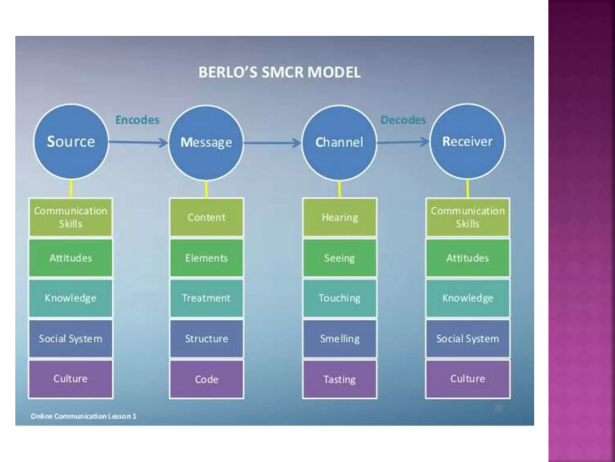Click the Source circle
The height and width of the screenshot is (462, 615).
pos(71,142)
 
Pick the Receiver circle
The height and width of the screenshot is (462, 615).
pos(467,142)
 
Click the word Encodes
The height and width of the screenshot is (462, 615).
pos(137,120)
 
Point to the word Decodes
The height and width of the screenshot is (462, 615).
pos(403,120)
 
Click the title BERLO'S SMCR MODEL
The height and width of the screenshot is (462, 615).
pos(279,72)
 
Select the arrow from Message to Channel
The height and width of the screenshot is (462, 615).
pos(272,143)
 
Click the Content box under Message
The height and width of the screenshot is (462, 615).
pos(206,217)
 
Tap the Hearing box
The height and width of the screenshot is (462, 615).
pos(340,217)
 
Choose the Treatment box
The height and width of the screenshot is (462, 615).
pos(206,298)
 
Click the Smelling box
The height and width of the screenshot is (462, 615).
pos(340,339)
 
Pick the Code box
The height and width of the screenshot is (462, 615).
pos(206,379)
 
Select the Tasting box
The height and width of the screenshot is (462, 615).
pos(340,379)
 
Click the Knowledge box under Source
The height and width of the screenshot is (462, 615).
pos(71,298)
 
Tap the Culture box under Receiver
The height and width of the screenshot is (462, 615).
pos(468,379)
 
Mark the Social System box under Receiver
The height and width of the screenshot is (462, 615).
pos(468,339)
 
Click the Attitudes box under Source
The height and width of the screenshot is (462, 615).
pos(71,258)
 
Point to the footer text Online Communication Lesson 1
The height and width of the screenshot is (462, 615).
pos(83,416)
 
